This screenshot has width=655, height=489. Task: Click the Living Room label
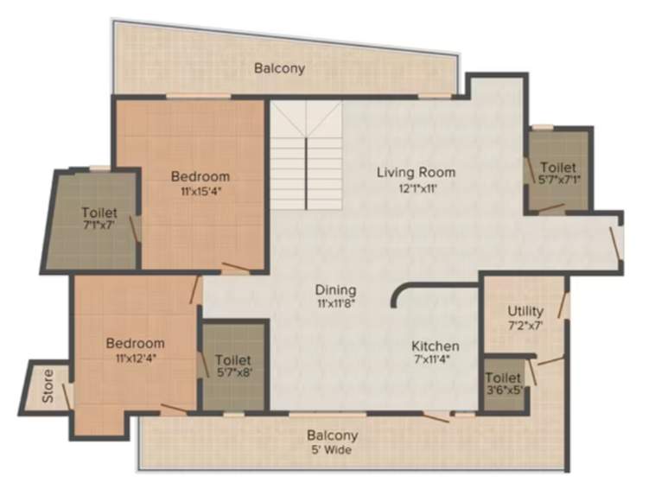[416, 172]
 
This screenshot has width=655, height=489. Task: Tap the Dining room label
[335, 290]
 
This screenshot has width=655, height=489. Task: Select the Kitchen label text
[435, 346]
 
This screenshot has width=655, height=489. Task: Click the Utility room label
[525, 311]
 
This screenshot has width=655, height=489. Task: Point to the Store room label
[48, 387]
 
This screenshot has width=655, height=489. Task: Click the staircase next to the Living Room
[306, 156]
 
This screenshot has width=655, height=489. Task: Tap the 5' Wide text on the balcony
[332, 450]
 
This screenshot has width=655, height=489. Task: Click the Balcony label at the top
[279, 67]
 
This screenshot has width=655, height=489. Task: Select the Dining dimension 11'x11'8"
[335, 304]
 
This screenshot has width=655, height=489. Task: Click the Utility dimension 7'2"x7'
[525, 325]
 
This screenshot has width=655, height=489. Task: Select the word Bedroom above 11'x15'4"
[200, 176]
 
